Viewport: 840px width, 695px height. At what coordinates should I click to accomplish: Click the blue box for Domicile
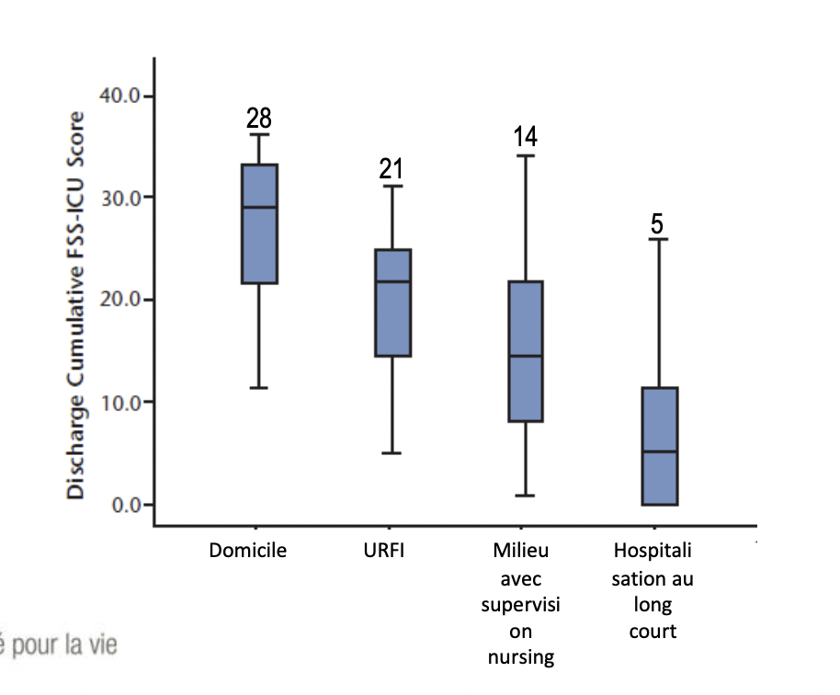[x=259, y=239]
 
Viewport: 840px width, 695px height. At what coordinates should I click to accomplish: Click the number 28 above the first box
[x=259, y=118]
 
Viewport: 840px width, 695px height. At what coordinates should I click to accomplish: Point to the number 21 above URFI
[x=392, y=168]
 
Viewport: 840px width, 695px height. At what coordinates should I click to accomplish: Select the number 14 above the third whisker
[x=526, y=137]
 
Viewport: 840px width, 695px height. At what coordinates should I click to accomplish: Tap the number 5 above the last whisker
[x=658, y=223]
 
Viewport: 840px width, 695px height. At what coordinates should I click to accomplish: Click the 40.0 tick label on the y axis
[x=119, y=96]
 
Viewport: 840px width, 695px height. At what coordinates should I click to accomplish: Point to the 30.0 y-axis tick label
[x=119, y=198]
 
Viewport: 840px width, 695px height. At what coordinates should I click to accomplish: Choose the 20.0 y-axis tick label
[x=119, y=300]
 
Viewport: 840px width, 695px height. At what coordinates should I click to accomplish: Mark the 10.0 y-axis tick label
[x=119, y=402]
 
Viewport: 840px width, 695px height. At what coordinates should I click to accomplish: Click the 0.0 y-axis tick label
[x=124, y=504]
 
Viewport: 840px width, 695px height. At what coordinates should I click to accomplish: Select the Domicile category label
[x=248, y=552]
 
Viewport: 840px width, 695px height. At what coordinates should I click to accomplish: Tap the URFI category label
[x=384, y=552]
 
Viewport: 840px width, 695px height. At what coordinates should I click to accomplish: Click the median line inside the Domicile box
[x=259, y=207]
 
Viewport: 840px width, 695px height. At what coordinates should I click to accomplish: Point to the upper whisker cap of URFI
[x=392, y=186]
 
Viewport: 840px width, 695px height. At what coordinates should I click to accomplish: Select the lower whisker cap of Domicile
[x=259, y=388]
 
